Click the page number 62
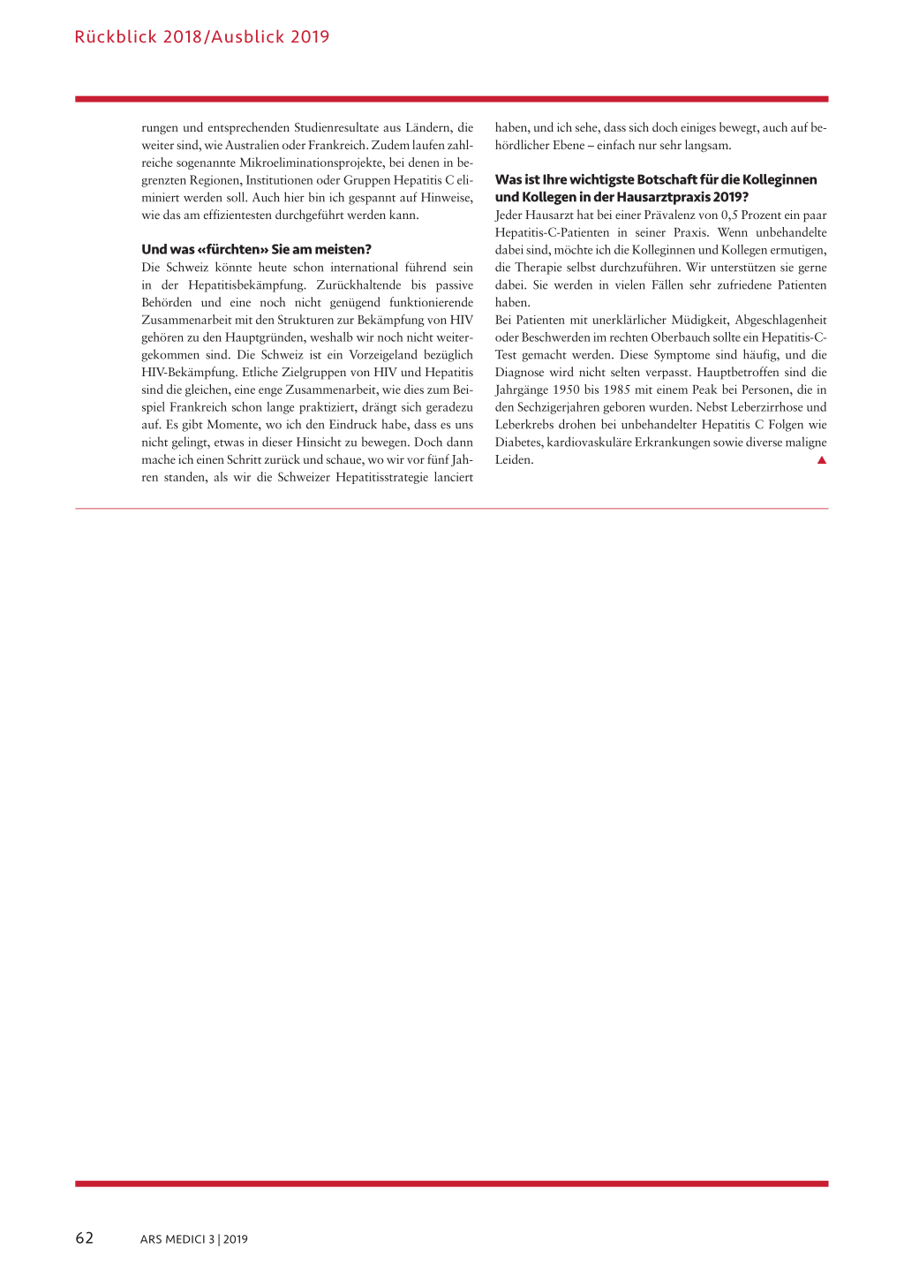(84, 1237)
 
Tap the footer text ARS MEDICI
(172, 1239)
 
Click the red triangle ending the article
(821, 459)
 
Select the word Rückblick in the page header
(116, 37)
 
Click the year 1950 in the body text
(566, 390)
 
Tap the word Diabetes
(518, 442)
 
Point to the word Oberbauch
(681, 337)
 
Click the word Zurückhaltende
(358, 284)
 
